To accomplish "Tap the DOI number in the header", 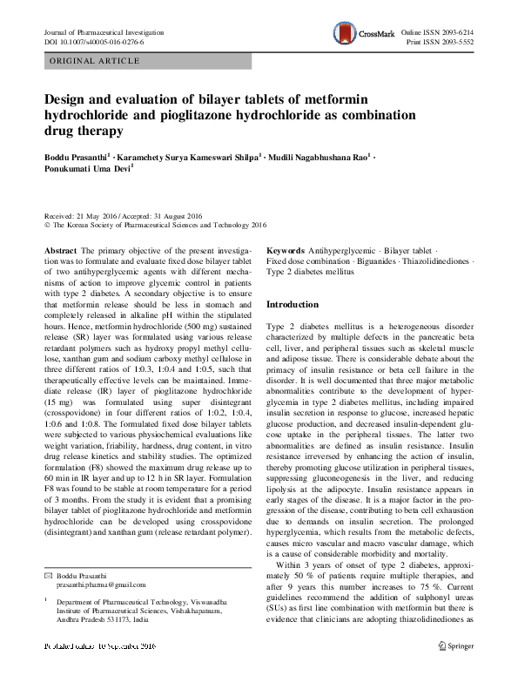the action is click(93, 42).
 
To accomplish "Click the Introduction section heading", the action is click(293, 304).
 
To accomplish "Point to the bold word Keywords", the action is click(285, 249).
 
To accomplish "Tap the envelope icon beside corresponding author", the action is click(49, 574).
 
